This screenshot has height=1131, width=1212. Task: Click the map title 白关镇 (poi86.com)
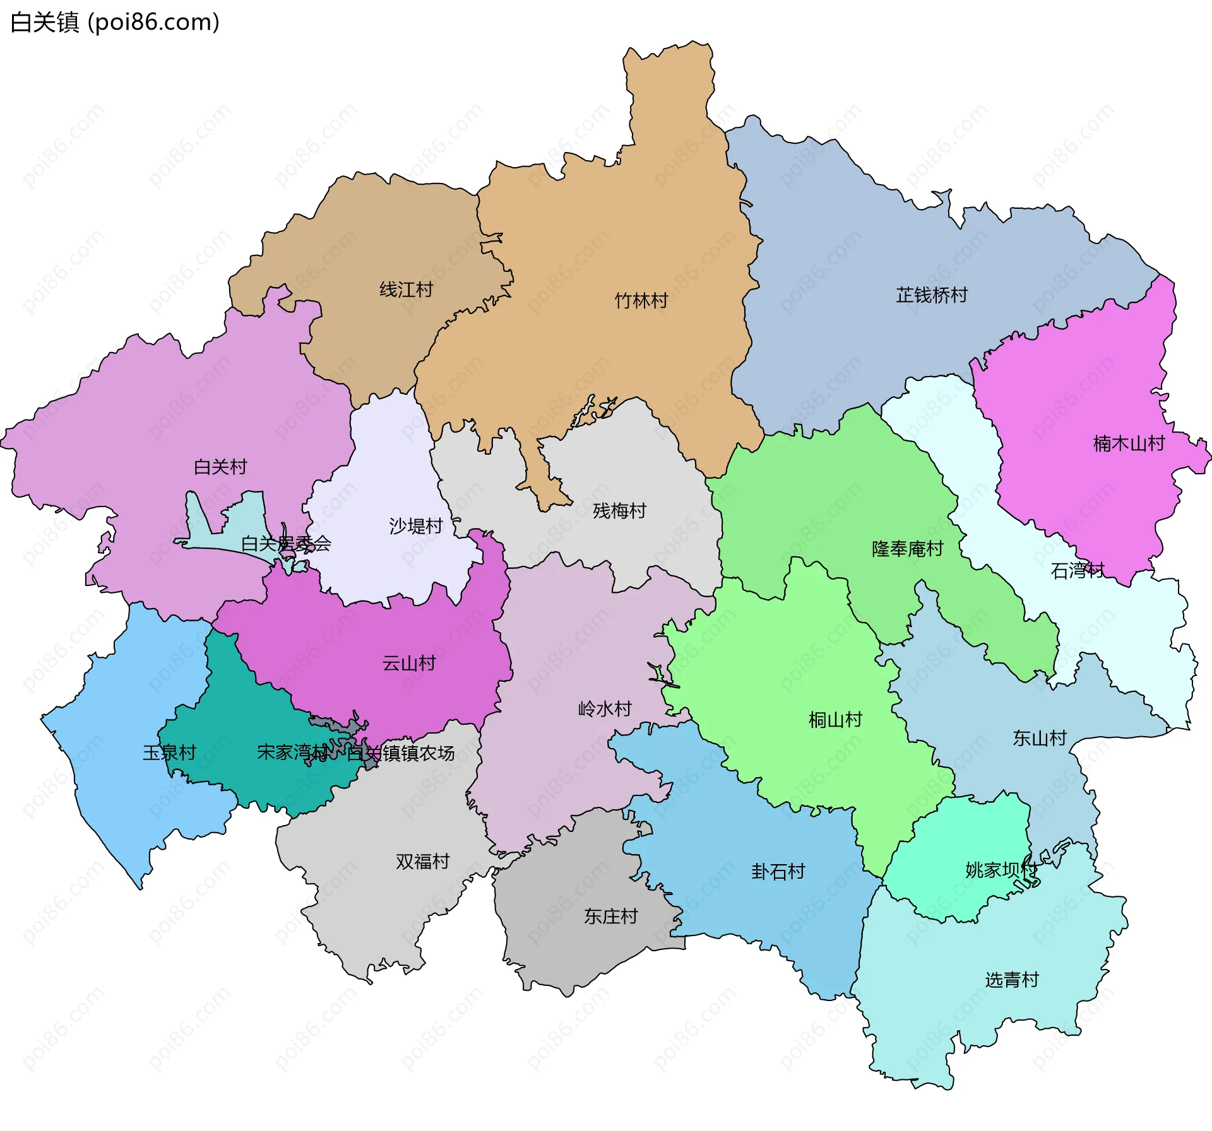click(115, 22)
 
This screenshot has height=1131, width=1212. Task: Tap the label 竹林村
click(641, 300)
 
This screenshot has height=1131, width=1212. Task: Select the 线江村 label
click(406, 290)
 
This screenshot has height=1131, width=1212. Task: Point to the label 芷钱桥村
click(932, 295)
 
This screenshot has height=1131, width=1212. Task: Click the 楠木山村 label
click(1129, 443)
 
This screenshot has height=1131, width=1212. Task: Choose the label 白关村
click(220, 467)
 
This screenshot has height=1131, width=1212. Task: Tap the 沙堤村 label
click(415, 525)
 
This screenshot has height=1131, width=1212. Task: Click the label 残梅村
click(619, 510)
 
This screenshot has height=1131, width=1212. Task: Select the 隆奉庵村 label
click(907, 549)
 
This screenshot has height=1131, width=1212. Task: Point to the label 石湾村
click(1078, 571)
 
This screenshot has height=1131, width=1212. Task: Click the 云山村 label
click(409, 663)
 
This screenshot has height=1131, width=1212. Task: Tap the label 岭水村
click(605, 708)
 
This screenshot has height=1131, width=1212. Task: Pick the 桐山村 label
click(835, 719)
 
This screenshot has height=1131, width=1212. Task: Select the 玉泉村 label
click(169, 752)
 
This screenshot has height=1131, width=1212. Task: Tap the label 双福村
click(422, 861)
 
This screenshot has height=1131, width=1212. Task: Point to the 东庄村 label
click(610, 916)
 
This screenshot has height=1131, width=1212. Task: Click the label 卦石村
click(778, 871)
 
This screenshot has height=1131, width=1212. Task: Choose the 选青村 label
click(1011, 980)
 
